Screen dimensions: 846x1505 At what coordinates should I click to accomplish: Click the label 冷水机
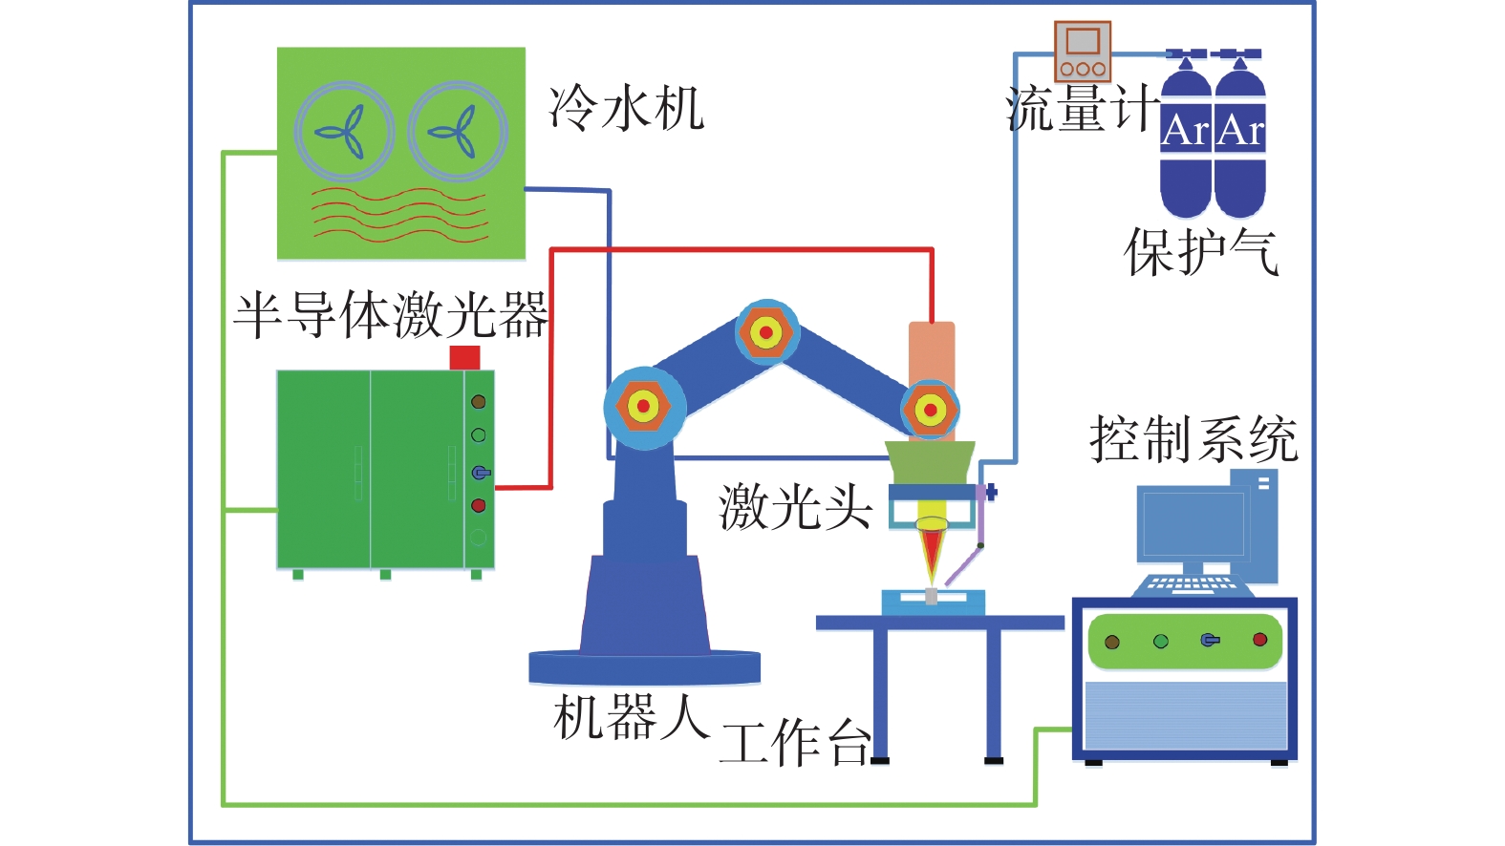(627, 107)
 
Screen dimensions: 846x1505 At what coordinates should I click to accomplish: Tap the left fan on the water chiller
(344, 132)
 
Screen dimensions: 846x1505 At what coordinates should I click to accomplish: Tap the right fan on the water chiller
(458, 132)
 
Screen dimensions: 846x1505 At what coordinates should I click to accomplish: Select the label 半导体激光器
(391, 315)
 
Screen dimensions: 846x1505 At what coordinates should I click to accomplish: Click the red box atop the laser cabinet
(464, 357)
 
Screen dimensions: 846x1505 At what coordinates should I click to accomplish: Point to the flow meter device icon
(1083, 52)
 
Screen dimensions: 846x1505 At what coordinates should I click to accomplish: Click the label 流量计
(1082, 109)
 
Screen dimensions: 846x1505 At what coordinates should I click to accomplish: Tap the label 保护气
(1201, 252)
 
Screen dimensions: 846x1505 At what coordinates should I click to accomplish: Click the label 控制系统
(1193, 439)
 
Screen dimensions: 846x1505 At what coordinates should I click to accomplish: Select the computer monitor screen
(1193, 524)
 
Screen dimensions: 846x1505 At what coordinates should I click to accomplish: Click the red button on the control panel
(1259, 640)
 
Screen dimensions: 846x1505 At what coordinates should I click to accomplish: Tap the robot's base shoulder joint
(643, 407)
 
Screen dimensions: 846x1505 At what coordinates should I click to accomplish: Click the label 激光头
(795, 506)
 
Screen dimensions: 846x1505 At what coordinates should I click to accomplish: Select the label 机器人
(631, 718)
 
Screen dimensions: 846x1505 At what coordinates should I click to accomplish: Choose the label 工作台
(795, 742)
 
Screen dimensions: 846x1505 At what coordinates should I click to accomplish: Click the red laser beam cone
(932, 554)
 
